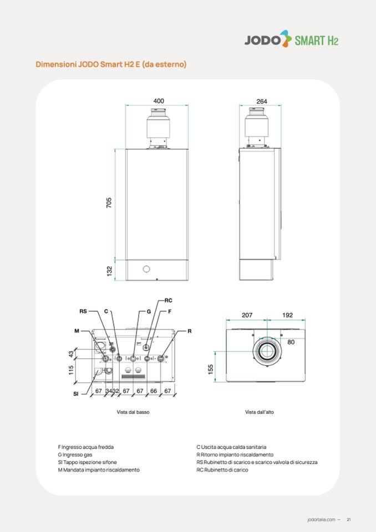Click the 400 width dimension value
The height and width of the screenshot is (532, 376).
(x=159, y=101)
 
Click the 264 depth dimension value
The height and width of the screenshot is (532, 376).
(x=262, y=101)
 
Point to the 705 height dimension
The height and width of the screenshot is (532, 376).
(x=109, y=202)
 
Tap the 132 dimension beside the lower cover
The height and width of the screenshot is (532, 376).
(x=109, y=271)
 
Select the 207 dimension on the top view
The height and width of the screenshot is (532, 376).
(x=247, y=315)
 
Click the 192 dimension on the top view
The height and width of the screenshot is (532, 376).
(x=287, y=315)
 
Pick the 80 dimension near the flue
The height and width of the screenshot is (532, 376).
(x=291, y=342)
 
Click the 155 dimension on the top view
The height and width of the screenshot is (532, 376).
(x=211, y=369)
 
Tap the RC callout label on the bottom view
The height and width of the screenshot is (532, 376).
(x=169, y=300)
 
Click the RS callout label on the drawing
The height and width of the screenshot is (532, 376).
(x=83, y=311)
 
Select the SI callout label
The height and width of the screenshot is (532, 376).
(x=75, y=394)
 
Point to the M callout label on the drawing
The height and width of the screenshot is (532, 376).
(x=77, y=331)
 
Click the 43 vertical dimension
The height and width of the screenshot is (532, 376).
(x=71, y=353)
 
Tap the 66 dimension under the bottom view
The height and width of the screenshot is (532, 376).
(x=154, y=391)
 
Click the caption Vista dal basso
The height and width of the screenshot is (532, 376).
(x=133, y=412)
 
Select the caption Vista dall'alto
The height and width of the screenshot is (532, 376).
(x=260, y=412)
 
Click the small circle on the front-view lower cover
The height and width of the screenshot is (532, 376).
(x=146, y=269)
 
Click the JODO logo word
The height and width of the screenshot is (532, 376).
(x=263, y=40)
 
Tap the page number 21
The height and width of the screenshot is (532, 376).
(x=349, y=519)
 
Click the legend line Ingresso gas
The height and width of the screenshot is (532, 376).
(x=75, y=455)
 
